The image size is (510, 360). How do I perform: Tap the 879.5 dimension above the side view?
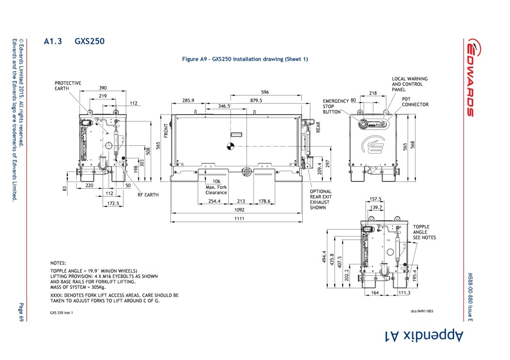256,100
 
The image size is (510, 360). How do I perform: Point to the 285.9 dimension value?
188,100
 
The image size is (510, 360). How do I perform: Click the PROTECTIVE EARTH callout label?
68,86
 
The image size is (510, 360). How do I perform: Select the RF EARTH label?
148,195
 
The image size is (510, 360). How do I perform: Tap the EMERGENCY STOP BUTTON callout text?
336,106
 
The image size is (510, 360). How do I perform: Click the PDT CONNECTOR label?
415,102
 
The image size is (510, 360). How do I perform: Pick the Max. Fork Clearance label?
216,190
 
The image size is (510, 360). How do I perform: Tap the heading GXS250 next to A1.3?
90,41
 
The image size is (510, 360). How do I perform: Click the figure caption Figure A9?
245,59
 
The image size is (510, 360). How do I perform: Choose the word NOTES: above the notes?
58,262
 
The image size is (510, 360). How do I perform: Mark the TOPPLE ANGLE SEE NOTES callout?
424,232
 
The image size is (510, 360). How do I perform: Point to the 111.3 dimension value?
404,293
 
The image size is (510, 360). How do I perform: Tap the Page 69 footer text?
21,313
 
